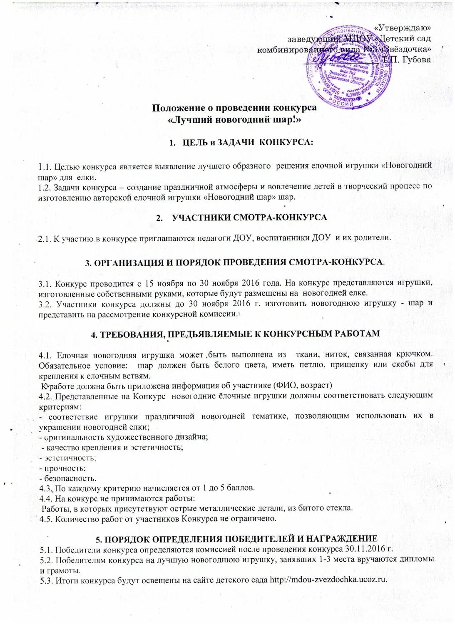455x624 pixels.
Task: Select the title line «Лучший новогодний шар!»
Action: tap(234, 119)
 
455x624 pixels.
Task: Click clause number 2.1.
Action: tap(44, 238)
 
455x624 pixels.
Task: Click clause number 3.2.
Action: tap(45, 304)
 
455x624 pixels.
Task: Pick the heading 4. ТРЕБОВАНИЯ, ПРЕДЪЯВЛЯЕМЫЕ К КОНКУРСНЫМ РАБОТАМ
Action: tap(235, 334)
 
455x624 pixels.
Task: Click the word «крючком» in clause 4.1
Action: tap(416, 354)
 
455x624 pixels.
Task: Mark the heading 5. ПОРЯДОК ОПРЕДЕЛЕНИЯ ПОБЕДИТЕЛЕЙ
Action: tap(236, 540)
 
